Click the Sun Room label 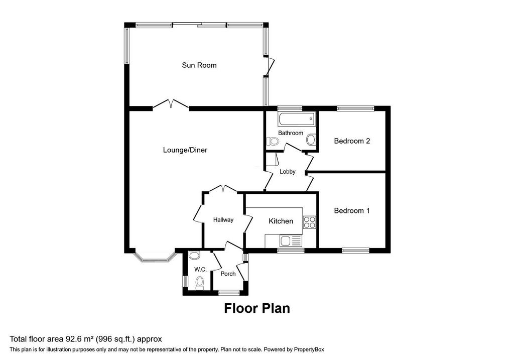199,65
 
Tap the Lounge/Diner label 185,150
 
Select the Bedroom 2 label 352,141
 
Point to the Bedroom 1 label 352,210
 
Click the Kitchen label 281,221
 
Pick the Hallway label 223,220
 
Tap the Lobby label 288,172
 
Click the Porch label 228,274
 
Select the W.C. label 200,270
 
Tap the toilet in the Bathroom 273,141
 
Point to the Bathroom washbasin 311,140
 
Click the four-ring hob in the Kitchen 309,222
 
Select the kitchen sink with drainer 291,242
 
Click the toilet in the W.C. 199,283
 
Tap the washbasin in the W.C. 195,256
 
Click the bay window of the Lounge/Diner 155,257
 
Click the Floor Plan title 257,308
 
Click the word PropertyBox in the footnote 309,349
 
